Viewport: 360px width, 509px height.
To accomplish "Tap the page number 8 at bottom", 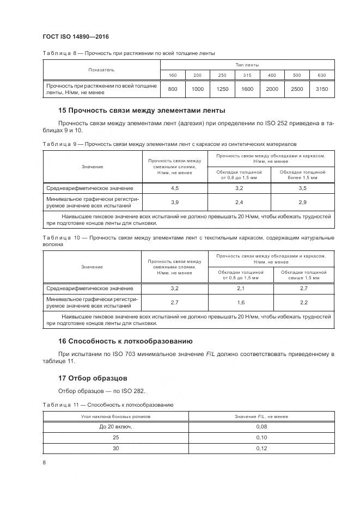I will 44,463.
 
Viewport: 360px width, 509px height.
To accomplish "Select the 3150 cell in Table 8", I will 322,89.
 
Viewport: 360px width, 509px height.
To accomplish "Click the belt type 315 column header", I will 247,75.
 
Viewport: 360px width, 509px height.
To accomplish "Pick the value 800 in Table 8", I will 173,89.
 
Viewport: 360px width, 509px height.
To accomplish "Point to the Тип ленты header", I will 247,64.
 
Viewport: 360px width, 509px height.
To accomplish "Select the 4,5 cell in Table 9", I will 175,188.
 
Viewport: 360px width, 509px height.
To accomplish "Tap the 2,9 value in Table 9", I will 302,202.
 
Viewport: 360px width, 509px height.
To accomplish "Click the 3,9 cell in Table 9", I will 175,202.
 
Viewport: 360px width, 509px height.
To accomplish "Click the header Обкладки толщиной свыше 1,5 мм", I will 303,274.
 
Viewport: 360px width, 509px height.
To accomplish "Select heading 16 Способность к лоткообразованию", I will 125,341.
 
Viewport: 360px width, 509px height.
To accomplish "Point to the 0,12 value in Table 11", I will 261,448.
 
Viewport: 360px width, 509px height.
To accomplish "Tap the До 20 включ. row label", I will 115,427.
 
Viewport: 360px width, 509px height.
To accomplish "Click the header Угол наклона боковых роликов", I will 115,416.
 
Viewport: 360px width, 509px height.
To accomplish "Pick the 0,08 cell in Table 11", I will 261,427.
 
